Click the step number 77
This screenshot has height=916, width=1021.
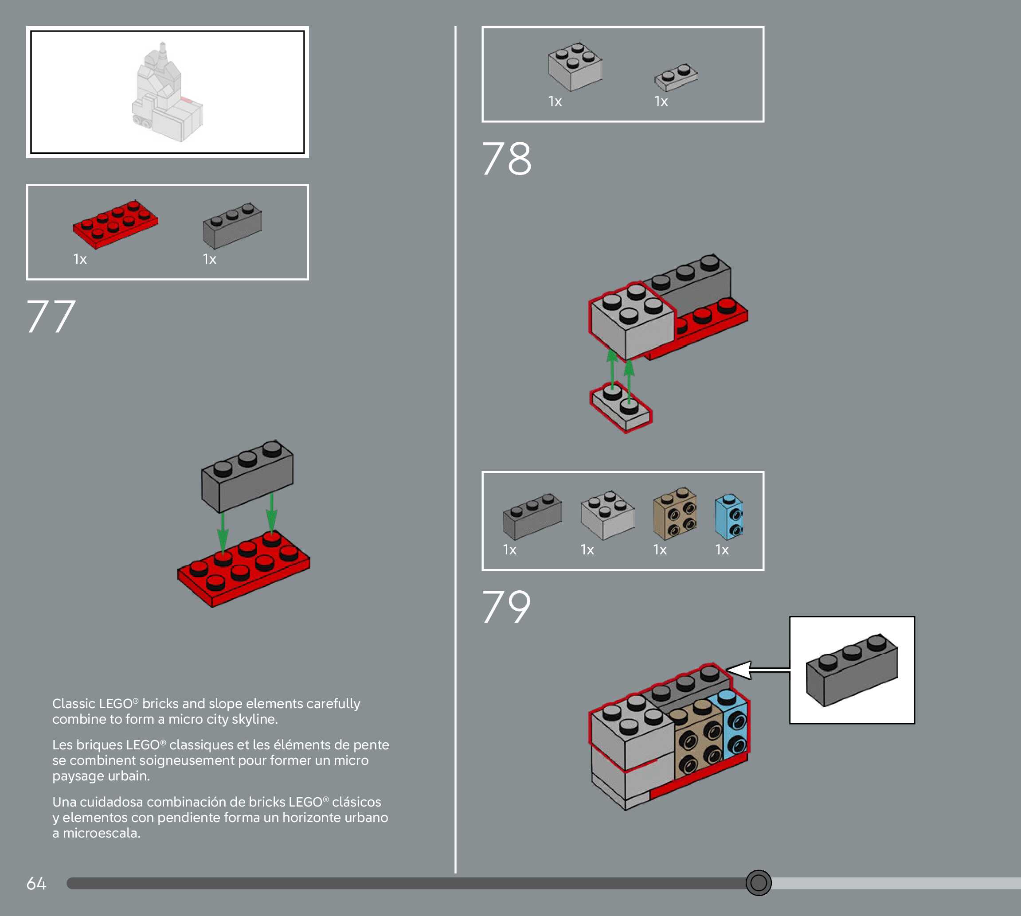pyautogui.click(x=51, y=316)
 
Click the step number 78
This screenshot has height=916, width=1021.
pyautogui.click(x=506, y=159)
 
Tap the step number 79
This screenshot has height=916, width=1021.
pyautogui.click(x=506, y=607)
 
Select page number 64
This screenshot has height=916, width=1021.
pyautogui.click(x=36, y=883)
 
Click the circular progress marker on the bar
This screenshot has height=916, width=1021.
pyautogui.click(x=758, y=882)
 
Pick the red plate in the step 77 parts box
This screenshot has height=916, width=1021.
pyautogui.click(x=115, y=224)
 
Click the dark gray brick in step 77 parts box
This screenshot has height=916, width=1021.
pyautogui.click(x=232, y=226)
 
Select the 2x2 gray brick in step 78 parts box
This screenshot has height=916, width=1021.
pyautogui.click(x=575, y=67)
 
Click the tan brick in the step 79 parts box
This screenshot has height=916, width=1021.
pyautogui.click(x=675, y=513)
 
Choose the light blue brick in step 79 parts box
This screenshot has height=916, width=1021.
pyautogui.click(x=728, y=516)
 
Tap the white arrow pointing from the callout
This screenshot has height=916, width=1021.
pyautogui.click(x=755, y=670)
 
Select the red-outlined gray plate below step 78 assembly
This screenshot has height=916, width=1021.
pyautogui.click(x=621, y=407)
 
